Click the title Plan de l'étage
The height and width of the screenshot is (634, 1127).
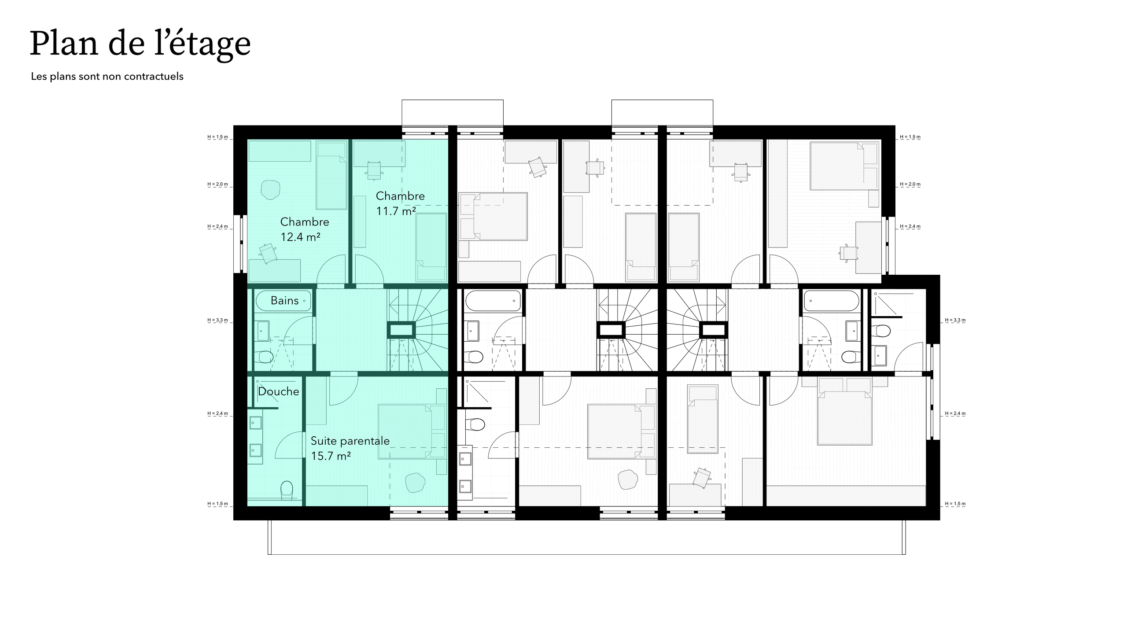pos(140,44)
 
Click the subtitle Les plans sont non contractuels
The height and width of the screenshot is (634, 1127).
pos(107,77)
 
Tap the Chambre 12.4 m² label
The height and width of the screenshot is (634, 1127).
pos(304,229)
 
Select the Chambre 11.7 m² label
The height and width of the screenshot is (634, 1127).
pos(400,203)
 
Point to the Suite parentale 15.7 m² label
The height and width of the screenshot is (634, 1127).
pos(350,448)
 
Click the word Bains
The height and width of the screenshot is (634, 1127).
pos(284,301)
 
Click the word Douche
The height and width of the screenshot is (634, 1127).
pos(278,391)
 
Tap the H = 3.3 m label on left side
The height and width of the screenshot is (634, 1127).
pos(218,320)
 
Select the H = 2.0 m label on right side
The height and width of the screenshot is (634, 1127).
pos(910,184)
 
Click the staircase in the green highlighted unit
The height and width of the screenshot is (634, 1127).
pos(416,330)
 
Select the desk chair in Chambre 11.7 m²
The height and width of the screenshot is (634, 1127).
pos(374,170)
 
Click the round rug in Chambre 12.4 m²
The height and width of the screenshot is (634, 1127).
pos(270,190)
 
